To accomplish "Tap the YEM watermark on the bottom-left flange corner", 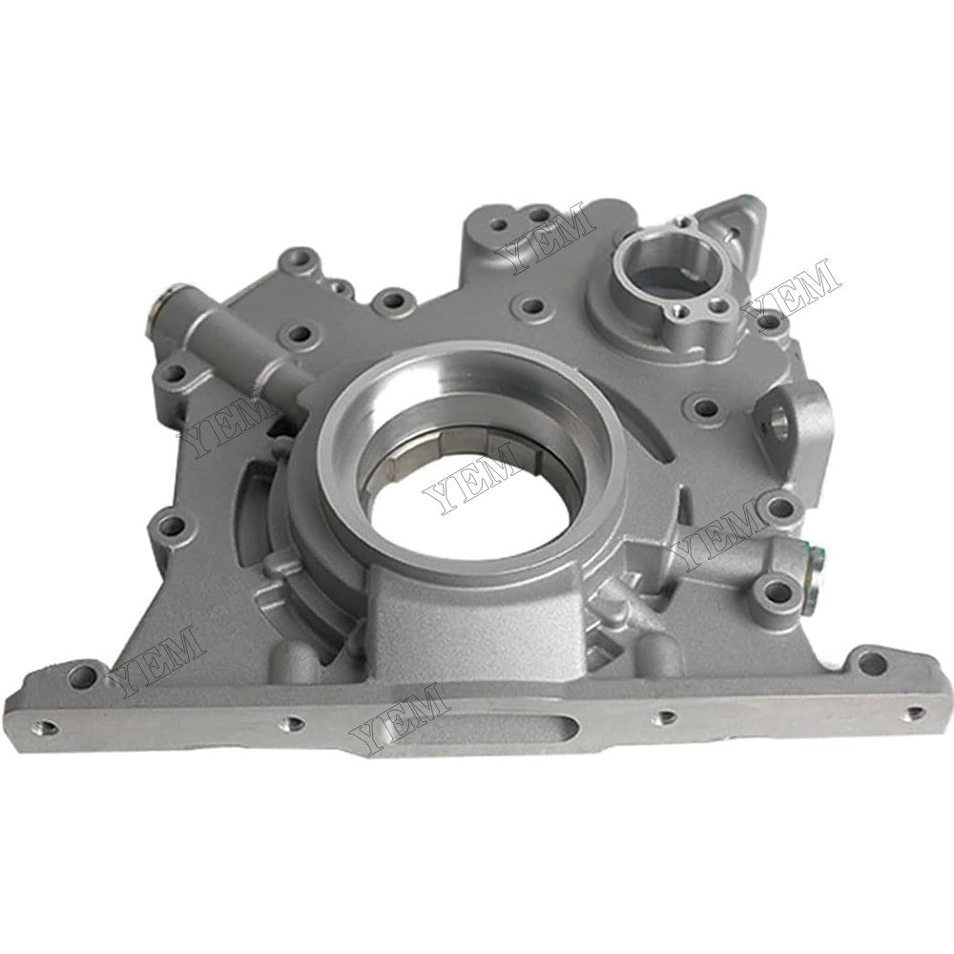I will (157, 657).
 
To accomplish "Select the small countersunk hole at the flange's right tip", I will (915, 712).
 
